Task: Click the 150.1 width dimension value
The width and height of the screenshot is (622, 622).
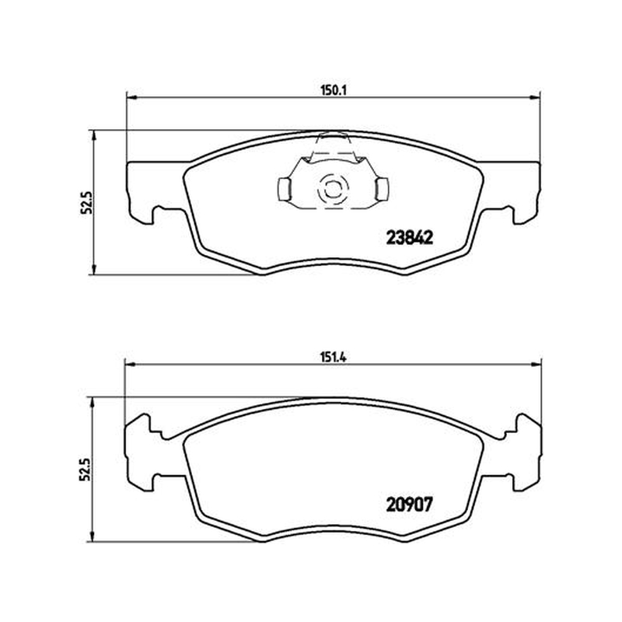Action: click(x=334, y=90)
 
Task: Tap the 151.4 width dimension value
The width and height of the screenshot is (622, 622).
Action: click(x=334, y=358)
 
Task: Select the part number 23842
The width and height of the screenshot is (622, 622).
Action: click(x=410, y=238)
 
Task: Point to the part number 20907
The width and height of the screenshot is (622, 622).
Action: click(x=409, y=505)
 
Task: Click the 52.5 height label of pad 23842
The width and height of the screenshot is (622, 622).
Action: click(x=86, y=202)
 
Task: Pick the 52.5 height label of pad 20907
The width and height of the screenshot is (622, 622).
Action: click(x=86, y=470)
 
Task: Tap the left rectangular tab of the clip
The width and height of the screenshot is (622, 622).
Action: click(x=284, y=189)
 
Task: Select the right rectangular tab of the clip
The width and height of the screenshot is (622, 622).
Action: click(x=383, y=189)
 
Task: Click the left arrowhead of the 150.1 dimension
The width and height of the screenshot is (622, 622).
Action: click(x=131, y=96)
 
